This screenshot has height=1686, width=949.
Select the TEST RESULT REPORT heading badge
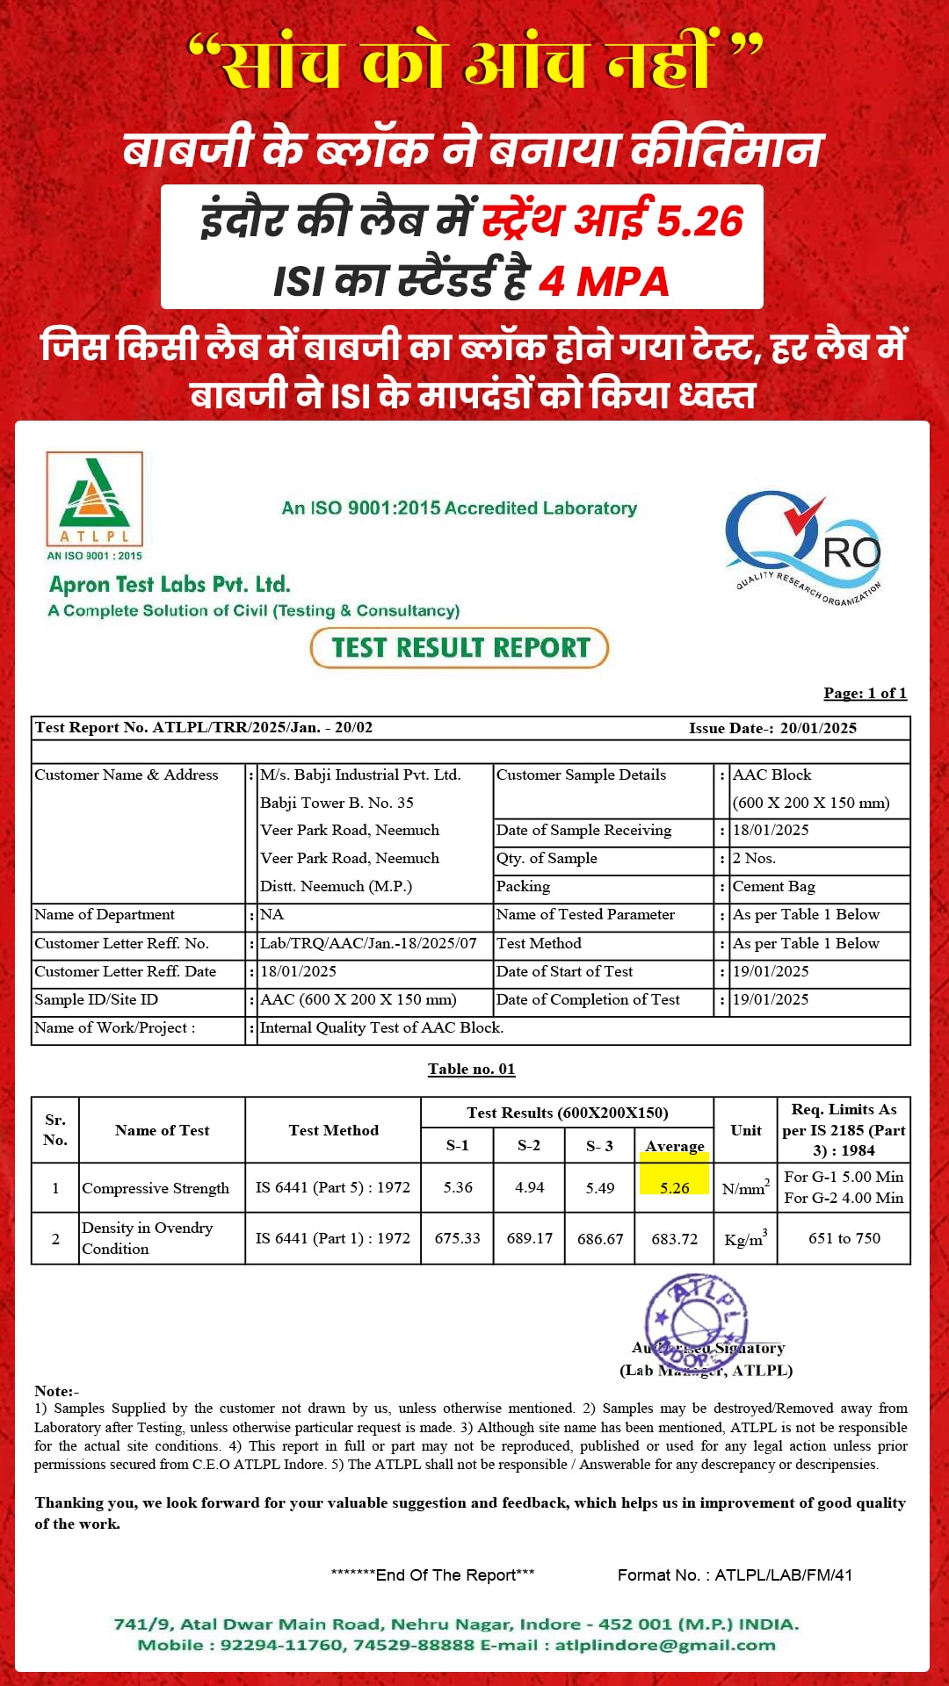click(460, 648)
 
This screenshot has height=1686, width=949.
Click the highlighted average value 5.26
click(675, 1187)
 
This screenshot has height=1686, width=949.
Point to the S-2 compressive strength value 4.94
click(529, 1187)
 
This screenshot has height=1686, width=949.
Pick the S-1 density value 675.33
click(457, 1238)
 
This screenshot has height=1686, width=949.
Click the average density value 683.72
click(675, 1239)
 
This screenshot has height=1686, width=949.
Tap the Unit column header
click(746, 1130)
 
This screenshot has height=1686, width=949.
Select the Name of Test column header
click(163, 1130)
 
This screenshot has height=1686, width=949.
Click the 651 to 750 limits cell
click(844, 1238)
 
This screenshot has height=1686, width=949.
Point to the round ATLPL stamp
click(696, 1322)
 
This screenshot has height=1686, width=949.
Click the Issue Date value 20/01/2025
click(818, 728)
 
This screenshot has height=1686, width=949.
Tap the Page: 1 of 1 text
click(865, 693)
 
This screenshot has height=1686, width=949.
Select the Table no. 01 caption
click(472, 1069)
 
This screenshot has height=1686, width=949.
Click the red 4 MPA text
click(604, 281)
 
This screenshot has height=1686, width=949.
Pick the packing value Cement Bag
click(774, 886)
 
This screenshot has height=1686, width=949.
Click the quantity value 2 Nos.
click(755, 858)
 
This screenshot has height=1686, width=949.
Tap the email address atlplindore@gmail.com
click(665, 1645)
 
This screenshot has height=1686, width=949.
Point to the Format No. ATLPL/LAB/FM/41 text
click(735, 1574)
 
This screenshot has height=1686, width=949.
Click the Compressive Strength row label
click(156, 1188)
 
